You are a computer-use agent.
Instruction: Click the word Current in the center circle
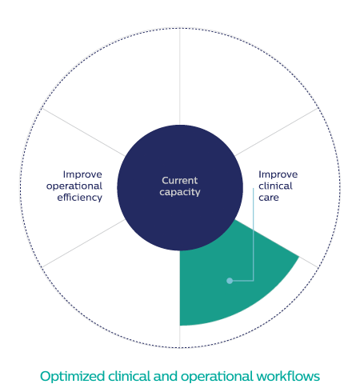(x=180, y=181)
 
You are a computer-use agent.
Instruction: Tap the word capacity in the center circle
(x=180, y=192)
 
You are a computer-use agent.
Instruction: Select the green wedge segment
(x=234, y=278)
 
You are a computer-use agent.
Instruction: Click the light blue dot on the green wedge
(x=230, y=281)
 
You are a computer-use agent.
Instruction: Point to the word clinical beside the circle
(x=275, y=186)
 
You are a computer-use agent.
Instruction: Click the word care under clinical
(x=269, y=198)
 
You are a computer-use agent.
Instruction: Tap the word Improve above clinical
(x=278, y=174)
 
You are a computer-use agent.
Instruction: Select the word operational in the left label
(x=74, y=186)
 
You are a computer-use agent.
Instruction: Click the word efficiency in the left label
(x=80, y=198)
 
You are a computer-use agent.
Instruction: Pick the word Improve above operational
(x=82, y=174)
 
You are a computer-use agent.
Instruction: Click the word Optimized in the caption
(x=73, y=376)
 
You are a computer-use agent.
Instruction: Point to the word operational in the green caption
(x=217, y=377)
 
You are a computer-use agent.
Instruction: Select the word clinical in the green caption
(x=130, y=376)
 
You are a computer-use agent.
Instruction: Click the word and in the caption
(x=166, y=376)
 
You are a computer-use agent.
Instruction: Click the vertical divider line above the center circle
(x=180, y=77)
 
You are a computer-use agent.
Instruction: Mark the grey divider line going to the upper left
(x=83, y=132)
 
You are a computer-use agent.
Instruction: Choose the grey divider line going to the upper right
(x=277, y=132)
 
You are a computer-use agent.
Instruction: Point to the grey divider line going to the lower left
(x=83, y=243)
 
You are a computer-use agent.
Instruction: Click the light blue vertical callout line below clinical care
(x=254, y=234)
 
